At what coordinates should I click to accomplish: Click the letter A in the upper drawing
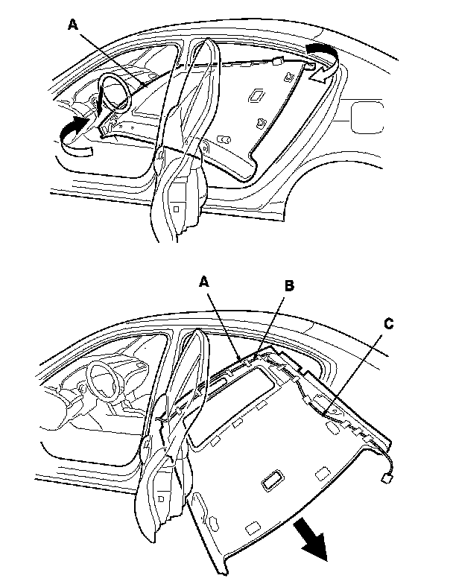tap(72, 25)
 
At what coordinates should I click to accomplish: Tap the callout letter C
tap(389, 324)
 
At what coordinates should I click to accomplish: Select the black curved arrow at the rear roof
tap(322, 51)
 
